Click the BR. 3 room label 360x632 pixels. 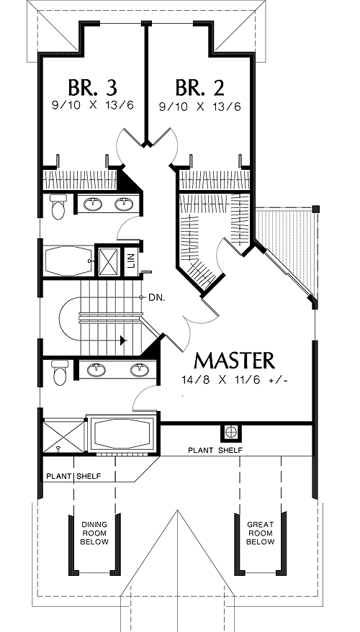pyautogui.click(x=92, y=88)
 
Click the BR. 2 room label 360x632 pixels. pyautogui.click(x=199, y=88)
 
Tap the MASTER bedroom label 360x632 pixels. pyautogui.click(x=234, y=361)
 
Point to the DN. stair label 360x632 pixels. pyautogui.click(x=156, y=298)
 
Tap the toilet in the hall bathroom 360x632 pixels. pyautogui.click(x=58, y=206)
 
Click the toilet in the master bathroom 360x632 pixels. pyautogui.click(x=60, y=372)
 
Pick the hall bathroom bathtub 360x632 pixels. pyautogui.click(x=68, y=261)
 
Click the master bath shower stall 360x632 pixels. pyautogui.click(x=63, y=436)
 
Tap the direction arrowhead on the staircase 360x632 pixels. pyautogui.click(x=123, y=340)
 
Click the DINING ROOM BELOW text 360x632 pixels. pyautogui.click(x=94, y=533)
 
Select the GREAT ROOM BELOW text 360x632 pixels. pyautogui.click(x=261, y=533)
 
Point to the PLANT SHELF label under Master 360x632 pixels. pyautogui.click(x=215, y=450)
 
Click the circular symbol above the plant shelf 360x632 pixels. pyautogui.click(x=230, y=432)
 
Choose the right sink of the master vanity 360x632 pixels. pyautogui.click(x=140, y=370)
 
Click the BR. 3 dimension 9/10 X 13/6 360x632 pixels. pyautogui.click(x=93, y=106)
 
